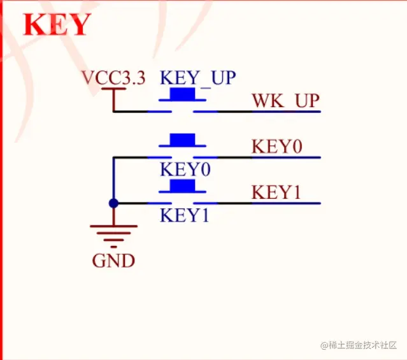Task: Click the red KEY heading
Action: point(57,25)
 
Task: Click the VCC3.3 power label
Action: point(113,78)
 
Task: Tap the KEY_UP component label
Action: point(197,78)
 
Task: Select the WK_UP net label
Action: point(285,101)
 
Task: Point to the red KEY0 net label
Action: point(276,146)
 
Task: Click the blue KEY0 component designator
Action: point(185,170)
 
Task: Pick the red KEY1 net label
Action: point(276,192)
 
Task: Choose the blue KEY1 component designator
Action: point(185,215)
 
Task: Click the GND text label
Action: point(113,261)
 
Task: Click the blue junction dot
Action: point(113,203)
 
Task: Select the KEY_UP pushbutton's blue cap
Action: point(182,94)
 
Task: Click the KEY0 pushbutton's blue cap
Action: point(182,140)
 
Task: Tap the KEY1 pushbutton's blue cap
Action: point(182,185)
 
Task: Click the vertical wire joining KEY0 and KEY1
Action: point(113,180)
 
